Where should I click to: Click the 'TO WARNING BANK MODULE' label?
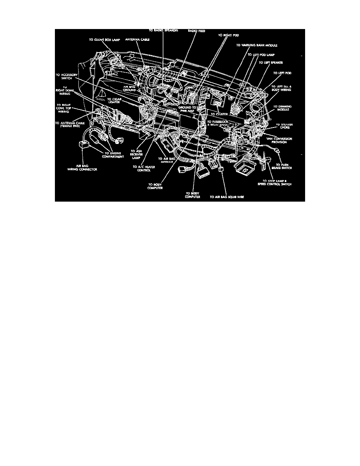click(x=256, y=45)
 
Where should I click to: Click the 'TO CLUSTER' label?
click(x=220, y=114)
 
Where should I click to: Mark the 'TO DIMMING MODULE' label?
click(x=283, y=108)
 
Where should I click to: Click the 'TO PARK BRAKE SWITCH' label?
click(x=284, y=166)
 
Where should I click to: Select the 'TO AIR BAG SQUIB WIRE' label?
click(x=227, y=197)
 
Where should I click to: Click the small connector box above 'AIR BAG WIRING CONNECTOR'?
click(x=84, y=145)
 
